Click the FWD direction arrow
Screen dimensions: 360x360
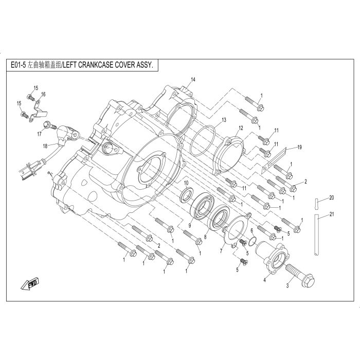(x=30, y=284)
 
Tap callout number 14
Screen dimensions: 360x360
(x=193, y=79)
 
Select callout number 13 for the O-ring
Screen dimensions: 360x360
(x=224, y=120)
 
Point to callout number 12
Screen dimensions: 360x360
(x=241, y=128)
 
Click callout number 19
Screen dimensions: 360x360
(x=300, y=147)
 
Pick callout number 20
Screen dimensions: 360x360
(x=332, y=197)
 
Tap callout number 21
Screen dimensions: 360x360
(x=332, y=214)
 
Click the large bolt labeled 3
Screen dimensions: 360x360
(x=300, y=276)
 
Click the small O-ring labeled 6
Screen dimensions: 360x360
(x=253, y=241)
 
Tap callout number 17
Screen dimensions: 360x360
(x=39, y=134)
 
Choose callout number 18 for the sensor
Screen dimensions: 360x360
(x=45, y=146)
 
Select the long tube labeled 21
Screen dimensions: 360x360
(x=317, y=235)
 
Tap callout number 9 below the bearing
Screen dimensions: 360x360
(x=190, y=225)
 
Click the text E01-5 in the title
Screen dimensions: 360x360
(x=17, y=65)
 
